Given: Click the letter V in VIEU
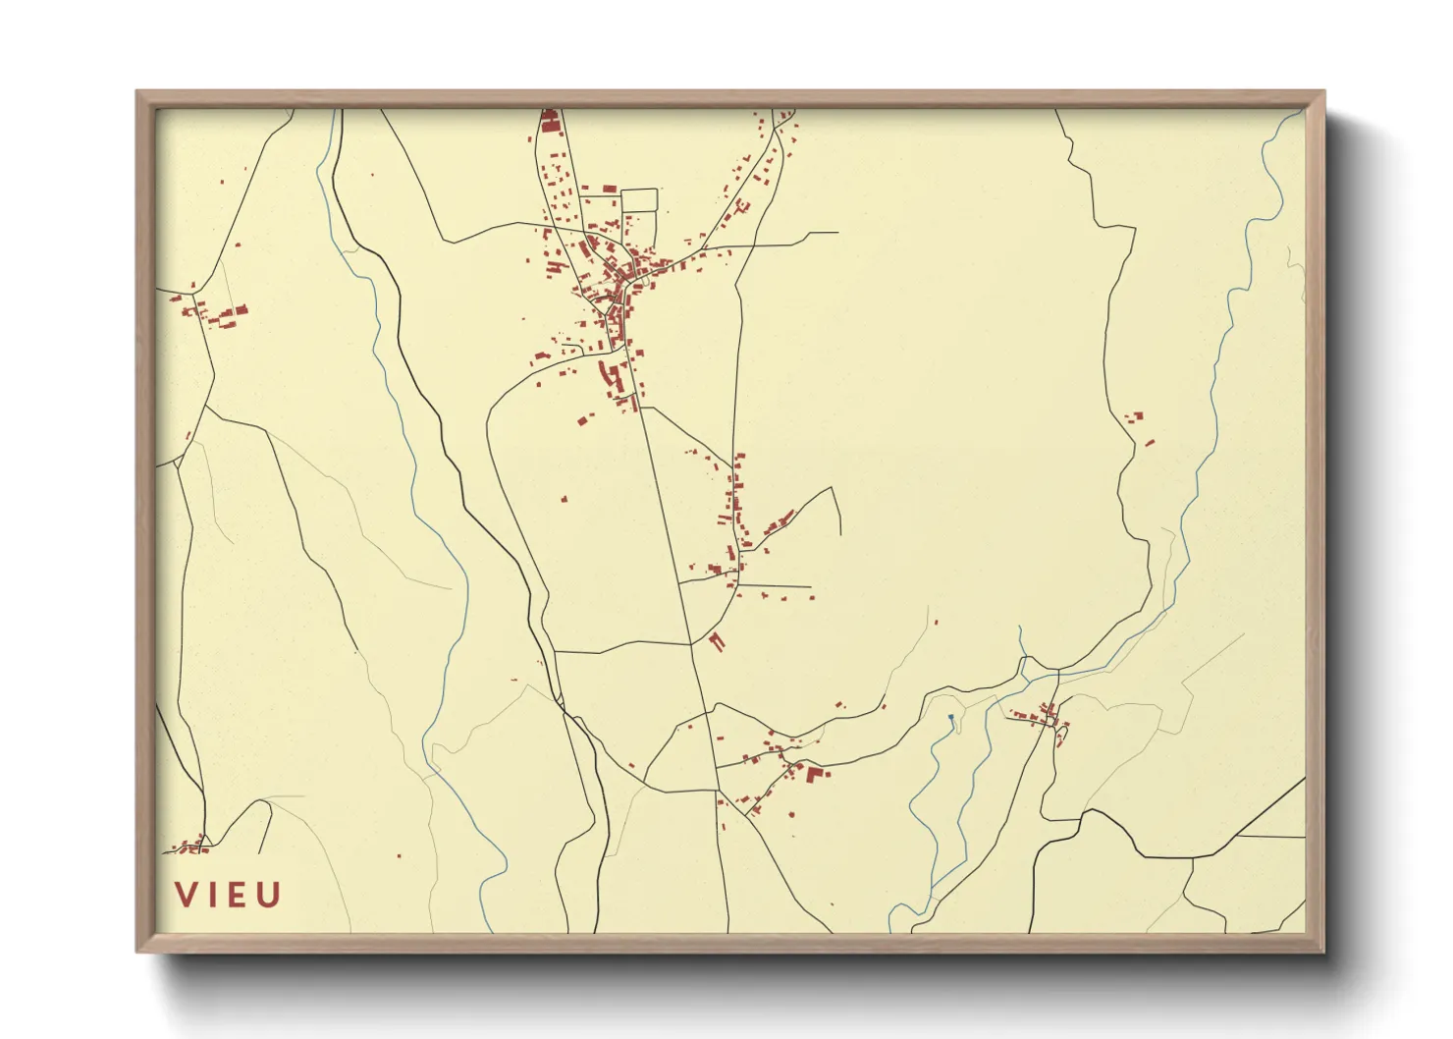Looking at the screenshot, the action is click(186, 895).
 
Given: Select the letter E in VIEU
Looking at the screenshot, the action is click(237, 895).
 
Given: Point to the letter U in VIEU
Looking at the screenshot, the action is click(269, 895).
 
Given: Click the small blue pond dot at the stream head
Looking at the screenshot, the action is click(951, 718).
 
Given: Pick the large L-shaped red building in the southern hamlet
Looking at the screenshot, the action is click(815, 774).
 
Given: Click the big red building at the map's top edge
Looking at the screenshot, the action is click(550, 122).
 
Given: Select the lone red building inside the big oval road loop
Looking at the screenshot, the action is click(565, 499).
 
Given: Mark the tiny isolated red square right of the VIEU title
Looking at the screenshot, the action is click(399, 855).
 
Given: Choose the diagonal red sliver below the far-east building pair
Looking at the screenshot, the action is click(1150, 443).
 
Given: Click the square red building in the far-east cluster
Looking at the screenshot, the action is click(1139, 415).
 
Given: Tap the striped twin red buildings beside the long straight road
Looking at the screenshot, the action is click(717, 642).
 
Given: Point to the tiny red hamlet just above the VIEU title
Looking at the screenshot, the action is click(190, 845).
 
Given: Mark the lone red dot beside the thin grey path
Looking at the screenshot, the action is click(936, 622).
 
